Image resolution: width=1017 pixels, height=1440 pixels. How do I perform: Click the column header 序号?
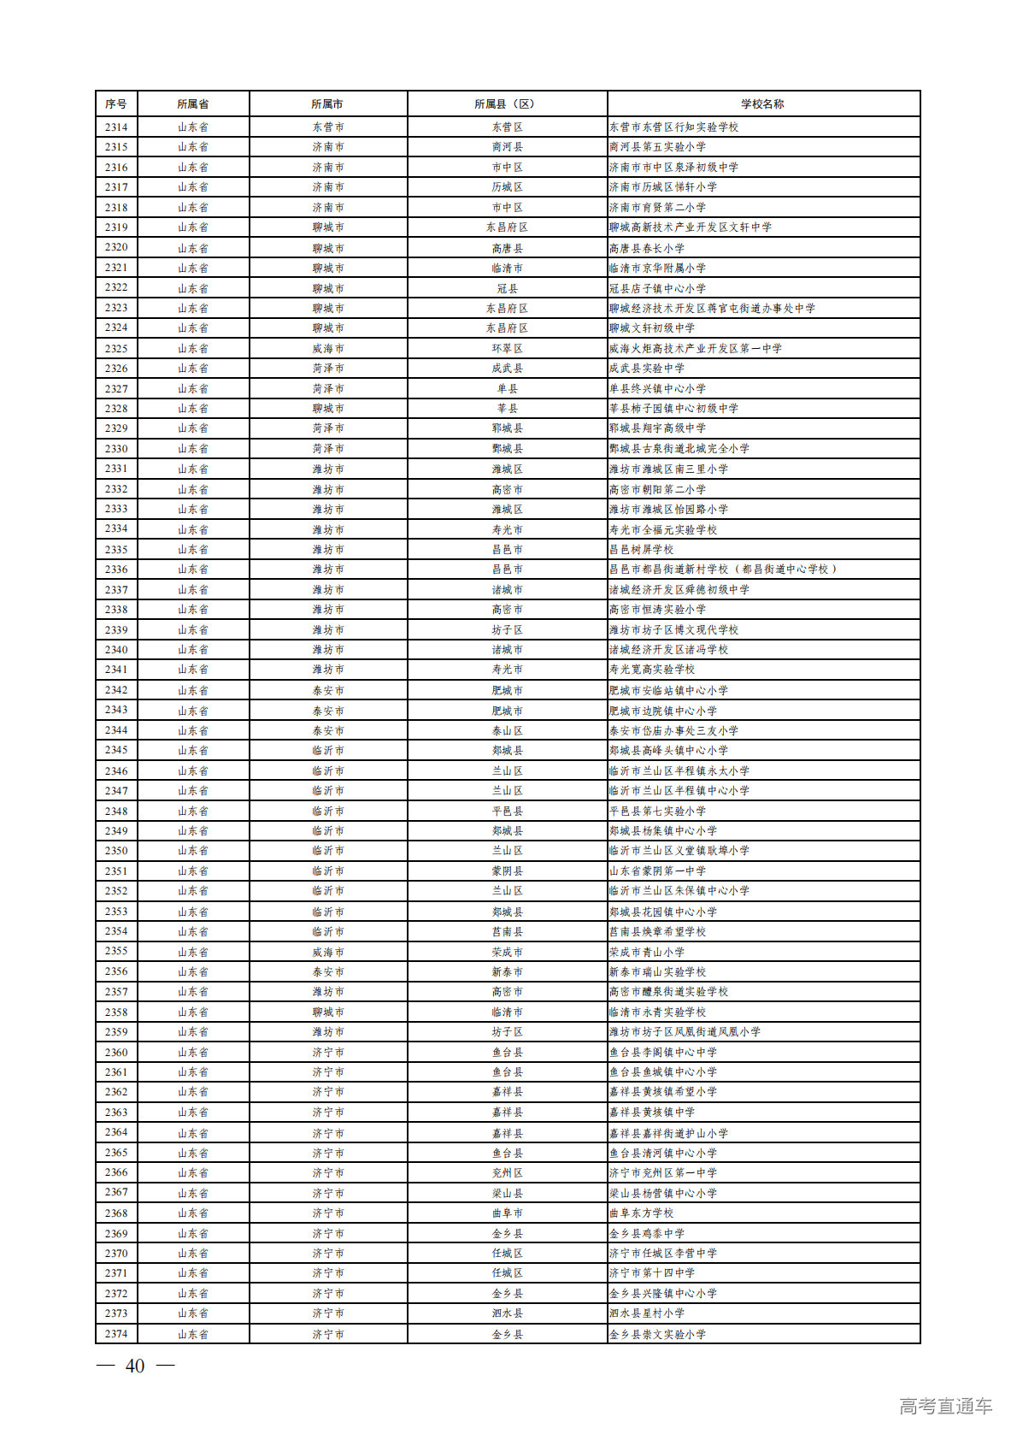pos(116,104)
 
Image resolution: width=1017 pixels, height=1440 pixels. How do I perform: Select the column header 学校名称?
pos(762,104)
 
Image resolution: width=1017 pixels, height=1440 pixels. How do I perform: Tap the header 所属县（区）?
pos(507,104)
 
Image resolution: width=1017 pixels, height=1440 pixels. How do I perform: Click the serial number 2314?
pos(116,127)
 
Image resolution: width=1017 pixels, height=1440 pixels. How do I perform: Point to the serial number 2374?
pos(116,1334)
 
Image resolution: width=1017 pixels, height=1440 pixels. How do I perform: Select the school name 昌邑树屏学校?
pos(641,550)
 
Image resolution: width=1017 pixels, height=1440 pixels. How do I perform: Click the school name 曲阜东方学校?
pos(641,1213)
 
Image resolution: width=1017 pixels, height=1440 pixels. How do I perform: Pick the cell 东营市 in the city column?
pos(328,127)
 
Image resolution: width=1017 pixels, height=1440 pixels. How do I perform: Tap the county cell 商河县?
pos(507,147)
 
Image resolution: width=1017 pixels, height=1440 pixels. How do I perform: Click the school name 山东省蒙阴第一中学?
pos(657,871)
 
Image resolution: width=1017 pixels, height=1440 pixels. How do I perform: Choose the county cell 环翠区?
pos(507,349)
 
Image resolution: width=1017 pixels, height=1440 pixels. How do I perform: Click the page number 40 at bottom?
pos(135,1366)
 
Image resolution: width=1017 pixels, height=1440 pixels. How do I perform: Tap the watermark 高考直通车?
pos(945,1406)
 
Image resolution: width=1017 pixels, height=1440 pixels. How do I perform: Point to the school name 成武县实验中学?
pos(647,369)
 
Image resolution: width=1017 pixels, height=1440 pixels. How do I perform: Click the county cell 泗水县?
pos(507,1313)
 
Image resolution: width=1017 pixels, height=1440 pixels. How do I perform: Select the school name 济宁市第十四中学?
pos(652,1273)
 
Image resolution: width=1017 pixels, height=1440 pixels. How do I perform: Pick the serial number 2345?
pos(116,750)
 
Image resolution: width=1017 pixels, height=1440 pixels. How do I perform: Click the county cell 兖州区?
pos(507,1173)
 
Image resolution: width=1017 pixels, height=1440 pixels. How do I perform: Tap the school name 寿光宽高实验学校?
pos(652,670)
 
